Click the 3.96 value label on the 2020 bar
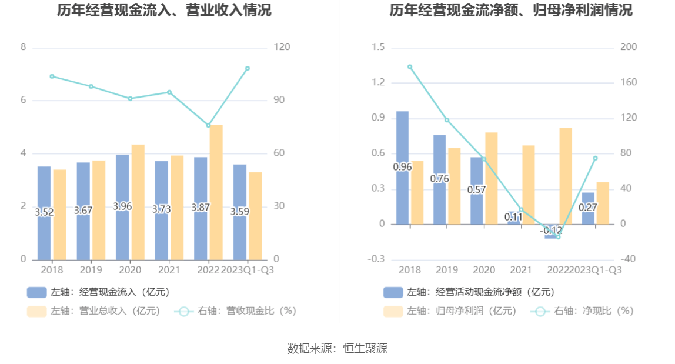pyautogui.click(x=122, y=206)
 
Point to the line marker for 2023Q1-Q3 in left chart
pyautogui.click(x=248, y=68)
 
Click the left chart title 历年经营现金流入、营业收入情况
pyautogui.click(x=164, y=10)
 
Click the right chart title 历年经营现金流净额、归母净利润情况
pyautogui.click(x=511, y=10)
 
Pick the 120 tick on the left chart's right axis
pyautogui.click(x=282, y=47)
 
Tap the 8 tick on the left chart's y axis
pyautogui.click(x=24, y=47)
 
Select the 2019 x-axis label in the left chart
pyautogui.click(x=91, y=270)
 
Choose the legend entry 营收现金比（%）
pyautogui.click(x=235, y=311)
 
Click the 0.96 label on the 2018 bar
pyautogui.click(x=402, y=167)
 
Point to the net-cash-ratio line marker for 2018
pyautogui.click(x=410, y=67)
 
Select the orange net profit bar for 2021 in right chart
pyautogui.click(x=529, y=184)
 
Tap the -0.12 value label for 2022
pyautogui.click(x=550, y=230)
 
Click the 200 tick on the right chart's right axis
pyautogui.click(x=629, y=47)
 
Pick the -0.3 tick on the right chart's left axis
pyautogui.click(x=378, y=259)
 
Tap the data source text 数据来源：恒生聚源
pyautogui.click(x=337, y=348)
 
